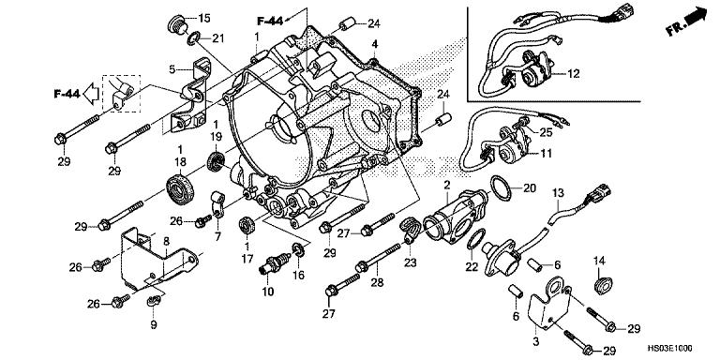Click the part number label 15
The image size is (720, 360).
pos(205,18)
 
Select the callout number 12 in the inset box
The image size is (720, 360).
pos(574,72)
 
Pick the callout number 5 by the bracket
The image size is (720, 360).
pos(173,68)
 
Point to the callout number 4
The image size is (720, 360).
pos(374,44)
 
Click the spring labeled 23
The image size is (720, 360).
pos(411,230)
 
